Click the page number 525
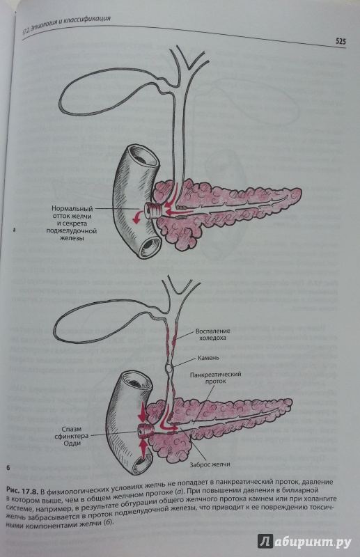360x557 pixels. pyautogui.click(x=340, y=42)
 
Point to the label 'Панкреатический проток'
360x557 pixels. pyautogui.click(x=215, y=377)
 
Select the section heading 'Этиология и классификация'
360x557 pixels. pyautogui.click(x=70, y=24)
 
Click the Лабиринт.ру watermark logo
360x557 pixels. pyautogui.click(x=304, y=542)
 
